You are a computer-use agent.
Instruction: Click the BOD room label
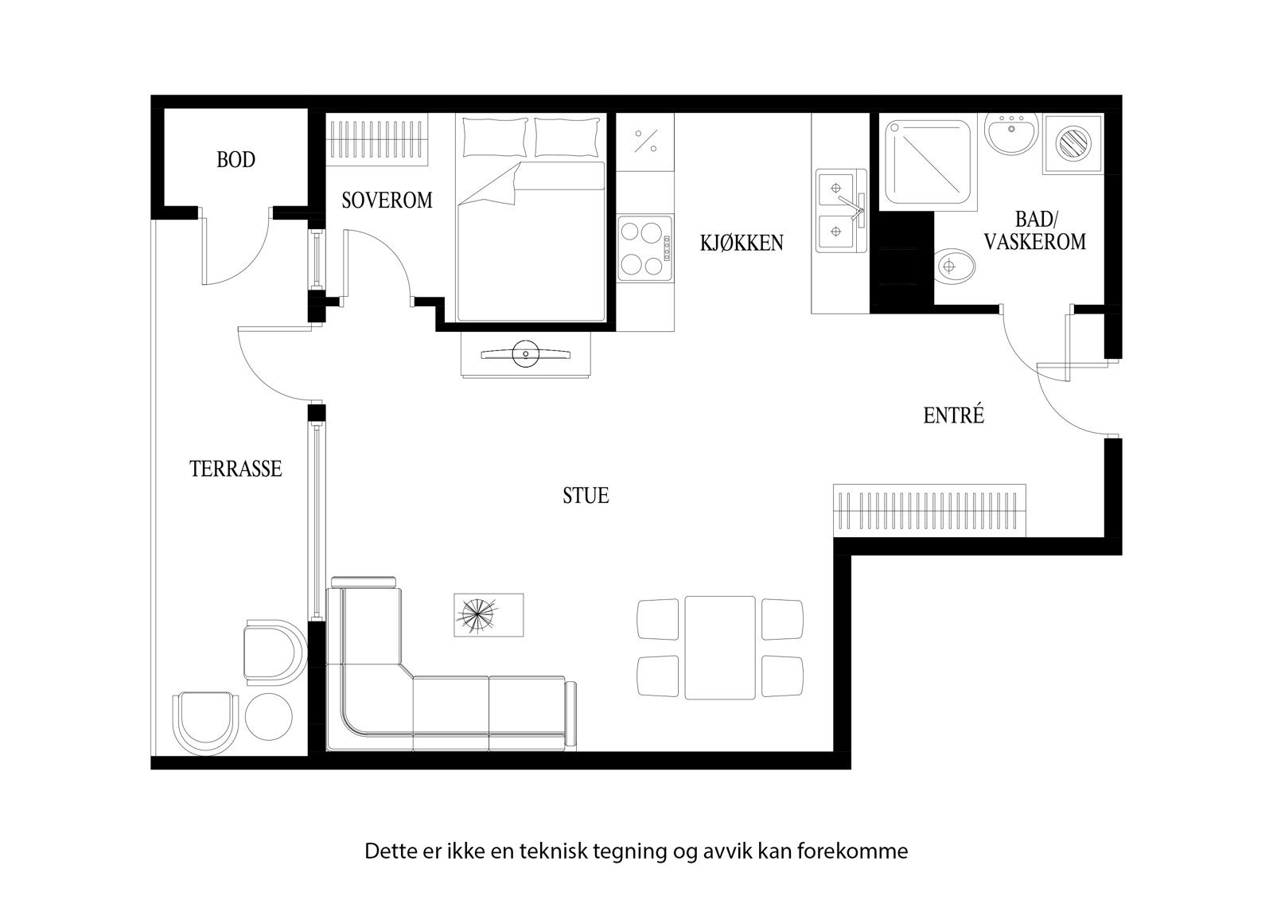coord(236,160)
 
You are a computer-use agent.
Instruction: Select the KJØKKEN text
coord(742,243)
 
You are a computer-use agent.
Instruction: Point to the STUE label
coord(586,496)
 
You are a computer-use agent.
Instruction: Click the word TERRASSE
coord(236,469)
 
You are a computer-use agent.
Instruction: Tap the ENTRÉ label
coord(953,415)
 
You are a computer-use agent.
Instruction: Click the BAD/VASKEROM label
coord(1034,232)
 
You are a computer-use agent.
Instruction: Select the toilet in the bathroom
coord(954,267)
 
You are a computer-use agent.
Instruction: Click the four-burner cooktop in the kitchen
coord(644,248)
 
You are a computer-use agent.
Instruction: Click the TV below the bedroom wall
coord(525,353)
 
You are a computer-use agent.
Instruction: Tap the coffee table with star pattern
coord(488,614)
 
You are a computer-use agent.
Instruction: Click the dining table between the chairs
coord(719,648)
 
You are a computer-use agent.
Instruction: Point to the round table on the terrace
coord(269,715)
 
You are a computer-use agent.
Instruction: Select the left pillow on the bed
coord(495,137)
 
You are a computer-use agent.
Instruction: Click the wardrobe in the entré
coord(929,510)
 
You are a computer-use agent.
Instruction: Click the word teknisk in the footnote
coord(553,851)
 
